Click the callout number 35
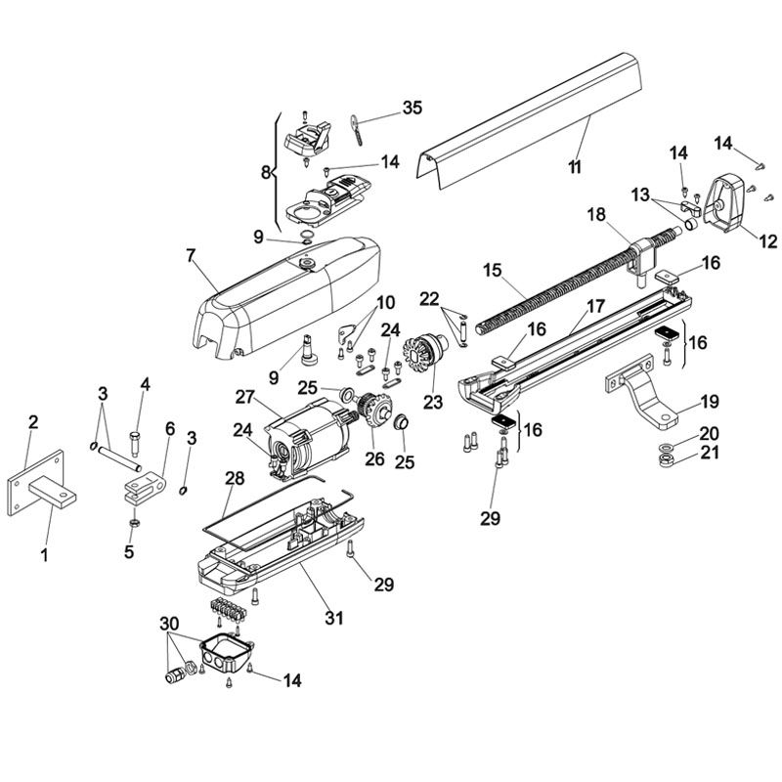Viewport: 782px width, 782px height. [x=413, y=109]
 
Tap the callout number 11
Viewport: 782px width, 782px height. [x=574, y=167]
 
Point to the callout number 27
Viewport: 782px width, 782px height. [x=243, y=396]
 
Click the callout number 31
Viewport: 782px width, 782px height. [x=333, y=618]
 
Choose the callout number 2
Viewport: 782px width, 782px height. [x=33, y=422]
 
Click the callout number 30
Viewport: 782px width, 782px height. [x=168, y=623]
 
